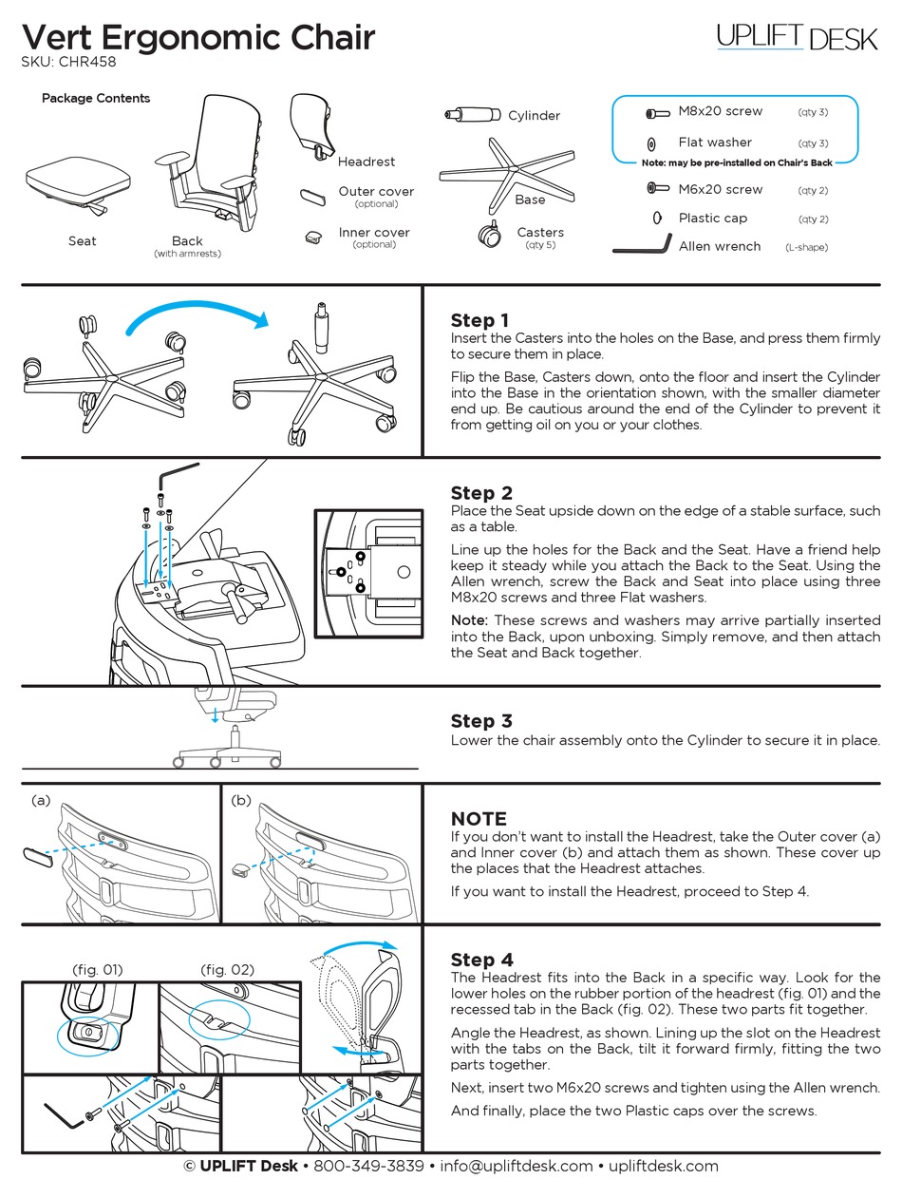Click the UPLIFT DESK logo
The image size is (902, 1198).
click(797, 37)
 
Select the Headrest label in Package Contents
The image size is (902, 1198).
click(366, 162)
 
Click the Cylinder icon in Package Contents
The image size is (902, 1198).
click(472, 115)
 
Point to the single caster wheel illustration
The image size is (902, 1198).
click(490, 234)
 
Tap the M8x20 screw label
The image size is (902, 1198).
click(720, 111)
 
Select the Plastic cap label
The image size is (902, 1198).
click(712, 218)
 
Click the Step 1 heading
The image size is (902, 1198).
click(479, 320)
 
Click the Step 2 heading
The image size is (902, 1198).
click(481, 493)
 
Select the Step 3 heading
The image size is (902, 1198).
click(481, 721)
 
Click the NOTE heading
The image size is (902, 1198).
click(479, 819)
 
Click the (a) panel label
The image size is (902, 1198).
click(41, 800)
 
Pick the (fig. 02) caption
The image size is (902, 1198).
click(227, 970)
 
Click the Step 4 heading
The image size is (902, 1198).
click(481, 960)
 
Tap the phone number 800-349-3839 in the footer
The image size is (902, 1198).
click(368, 1166)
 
